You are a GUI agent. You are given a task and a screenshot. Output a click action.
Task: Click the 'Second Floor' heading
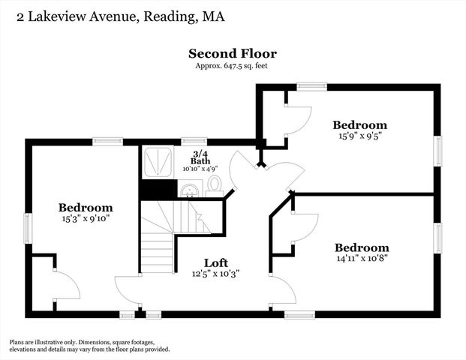point(233,53)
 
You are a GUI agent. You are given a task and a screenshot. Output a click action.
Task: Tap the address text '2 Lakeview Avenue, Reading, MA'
point(115,15)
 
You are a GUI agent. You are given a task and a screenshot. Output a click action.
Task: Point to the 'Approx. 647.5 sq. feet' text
point(233,66)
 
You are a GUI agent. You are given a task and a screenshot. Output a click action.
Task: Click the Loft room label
point(216,262)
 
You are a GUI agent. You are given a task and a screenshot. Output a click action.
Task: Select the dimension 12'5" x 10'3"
point(216,274)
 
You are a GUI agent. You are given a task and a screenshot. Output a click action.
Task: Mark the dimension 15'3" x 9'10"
point(86,220)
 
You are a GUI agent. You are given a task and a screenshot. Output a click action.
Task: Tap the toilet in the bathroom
point(214,184)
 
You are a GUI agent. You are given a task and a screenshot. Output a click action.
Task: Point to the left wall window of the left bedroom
point(28,228)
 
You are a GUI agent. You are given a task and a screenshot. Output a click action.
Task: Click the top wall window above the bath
point(194,140)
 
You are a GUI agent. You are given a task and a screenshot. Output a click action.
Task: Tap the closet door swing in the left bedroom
point(66,285)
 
